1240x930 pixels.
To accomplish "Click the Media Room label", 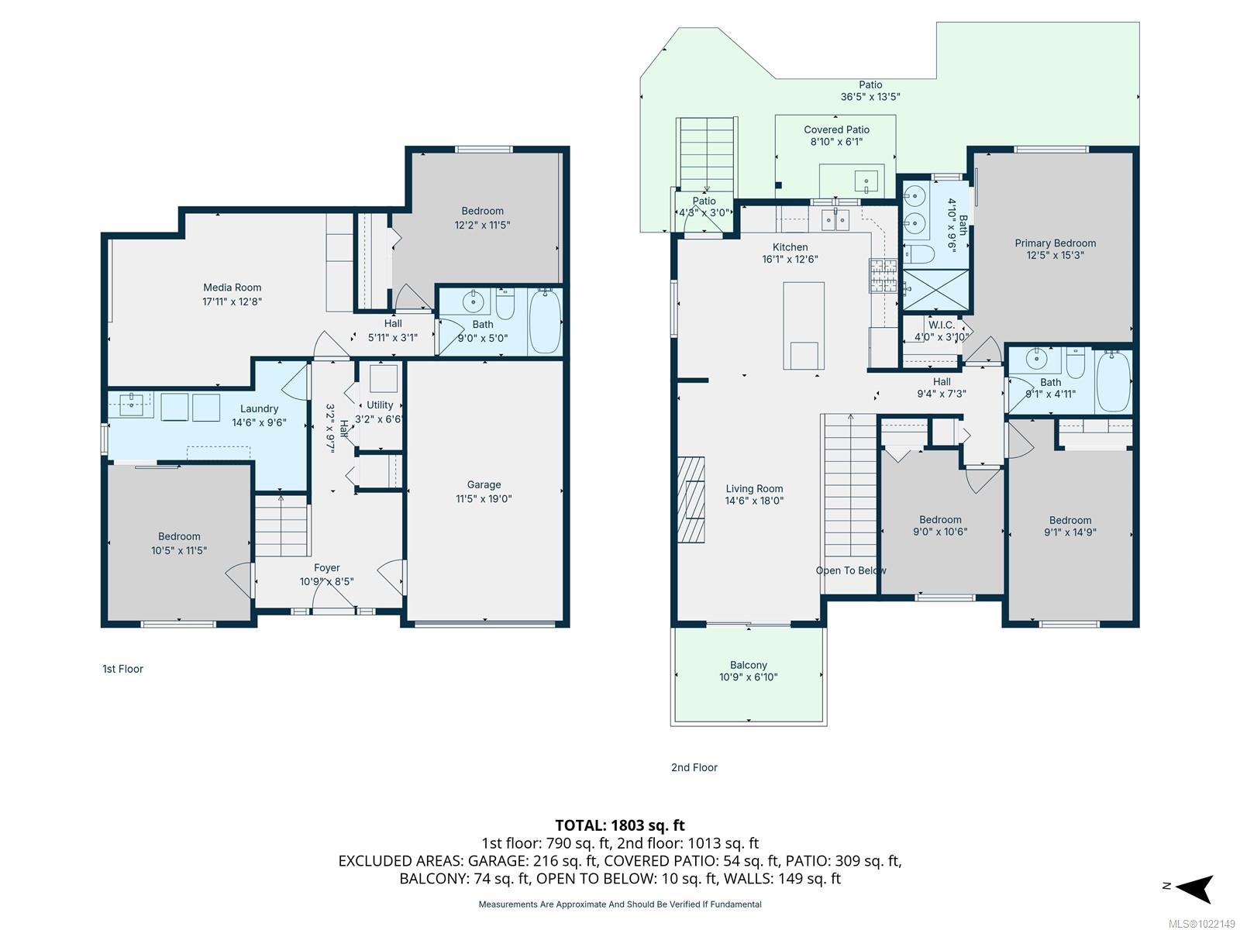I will click(x=232, y=288).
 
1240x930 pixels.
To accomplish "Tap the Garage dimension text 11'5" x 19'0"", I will click(x=484, y=499).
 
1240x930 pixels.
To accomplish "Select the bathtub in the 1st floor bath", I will click(x=545, y=321).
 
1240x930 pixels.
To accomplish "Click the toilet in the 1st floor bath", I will click(x=505, y=304).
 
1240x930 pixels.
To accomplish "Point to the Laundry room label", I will click(x=259, y=409).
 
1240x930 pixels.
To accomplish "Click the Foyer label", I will click(x=326, y=568).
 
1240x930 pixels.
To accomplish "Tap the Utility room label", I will click(x=380, y=405).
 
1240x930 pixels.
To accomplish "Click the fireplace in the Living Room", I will click(x=691, y=500).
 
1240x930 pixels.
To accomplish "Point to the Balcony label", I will click(x=748, y=665).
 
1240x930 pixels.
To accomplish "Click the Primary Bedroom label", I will click(x=1055, y=243).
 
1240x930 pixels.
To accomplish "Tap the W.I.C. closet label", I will click(x=941, y=325).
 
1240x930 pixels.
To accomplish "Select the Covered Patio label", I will click(x=836, y=130).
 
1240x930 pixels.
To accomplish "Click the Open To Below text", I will click(x=850, y=570).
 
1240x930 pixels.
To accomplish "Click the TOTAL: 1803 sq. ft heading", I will click(x=619, y=825).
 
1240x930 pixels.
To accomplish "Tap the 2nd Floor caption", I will click(x=694, y=767).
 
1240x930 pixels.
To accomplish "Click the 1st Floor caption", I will click(x=122, y=669).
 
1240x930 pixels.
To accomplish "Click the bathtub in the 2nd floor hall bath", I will click(x=1114, y=381).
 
